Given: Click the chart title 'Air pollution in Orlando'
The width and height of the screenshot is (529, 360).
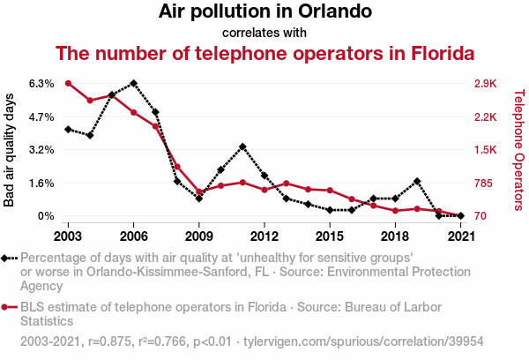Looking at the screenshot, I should (x=264, y=12).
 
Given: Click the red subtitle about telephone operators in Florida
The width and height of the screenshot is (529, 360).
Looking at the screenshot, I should (x=264, y=53).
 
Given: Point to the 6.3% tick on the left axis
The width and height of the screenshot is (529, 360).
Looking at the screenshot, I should (x=41, y=84).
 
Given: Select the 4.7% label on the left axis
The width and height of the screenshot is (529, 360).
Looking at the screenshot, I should (x=41, y=116).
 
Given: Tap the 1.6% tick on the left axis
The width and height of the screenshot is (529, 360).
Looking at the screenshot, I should (x=41, y=184).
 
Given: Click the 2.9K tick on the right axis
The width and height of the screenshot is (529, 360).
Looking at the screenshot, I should (x=485, y=84).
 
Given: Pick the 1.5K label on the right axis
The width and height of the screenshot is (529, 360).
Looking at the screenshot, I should (x=485, y=150).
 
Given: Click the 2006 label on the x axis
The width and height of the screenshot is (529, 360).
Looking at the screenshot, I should (x=133, y=236).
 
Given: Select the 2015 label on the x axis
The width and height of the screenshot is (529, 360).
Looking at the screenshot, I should (x=330, y=236).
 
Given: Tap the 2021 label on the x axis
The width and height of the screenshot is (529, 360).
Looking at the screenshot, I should (x=460, y=236).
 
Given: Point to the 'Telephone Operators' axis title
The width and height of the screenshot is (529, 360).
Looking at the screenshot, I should (x=518, y=150).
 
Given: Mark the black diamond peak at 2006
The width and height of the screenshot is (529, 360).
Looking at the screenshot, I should (x=133, y=83).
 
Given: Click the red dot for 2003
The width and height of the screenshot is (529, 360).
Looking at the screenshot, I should (x=68, y=83).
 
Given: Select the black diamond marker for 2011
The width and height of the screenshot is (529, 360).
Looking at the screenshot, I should (x=242, y=146).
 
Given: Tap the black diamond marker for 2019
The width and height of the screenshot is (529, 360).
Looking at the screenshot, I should (x=417, y=181).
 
